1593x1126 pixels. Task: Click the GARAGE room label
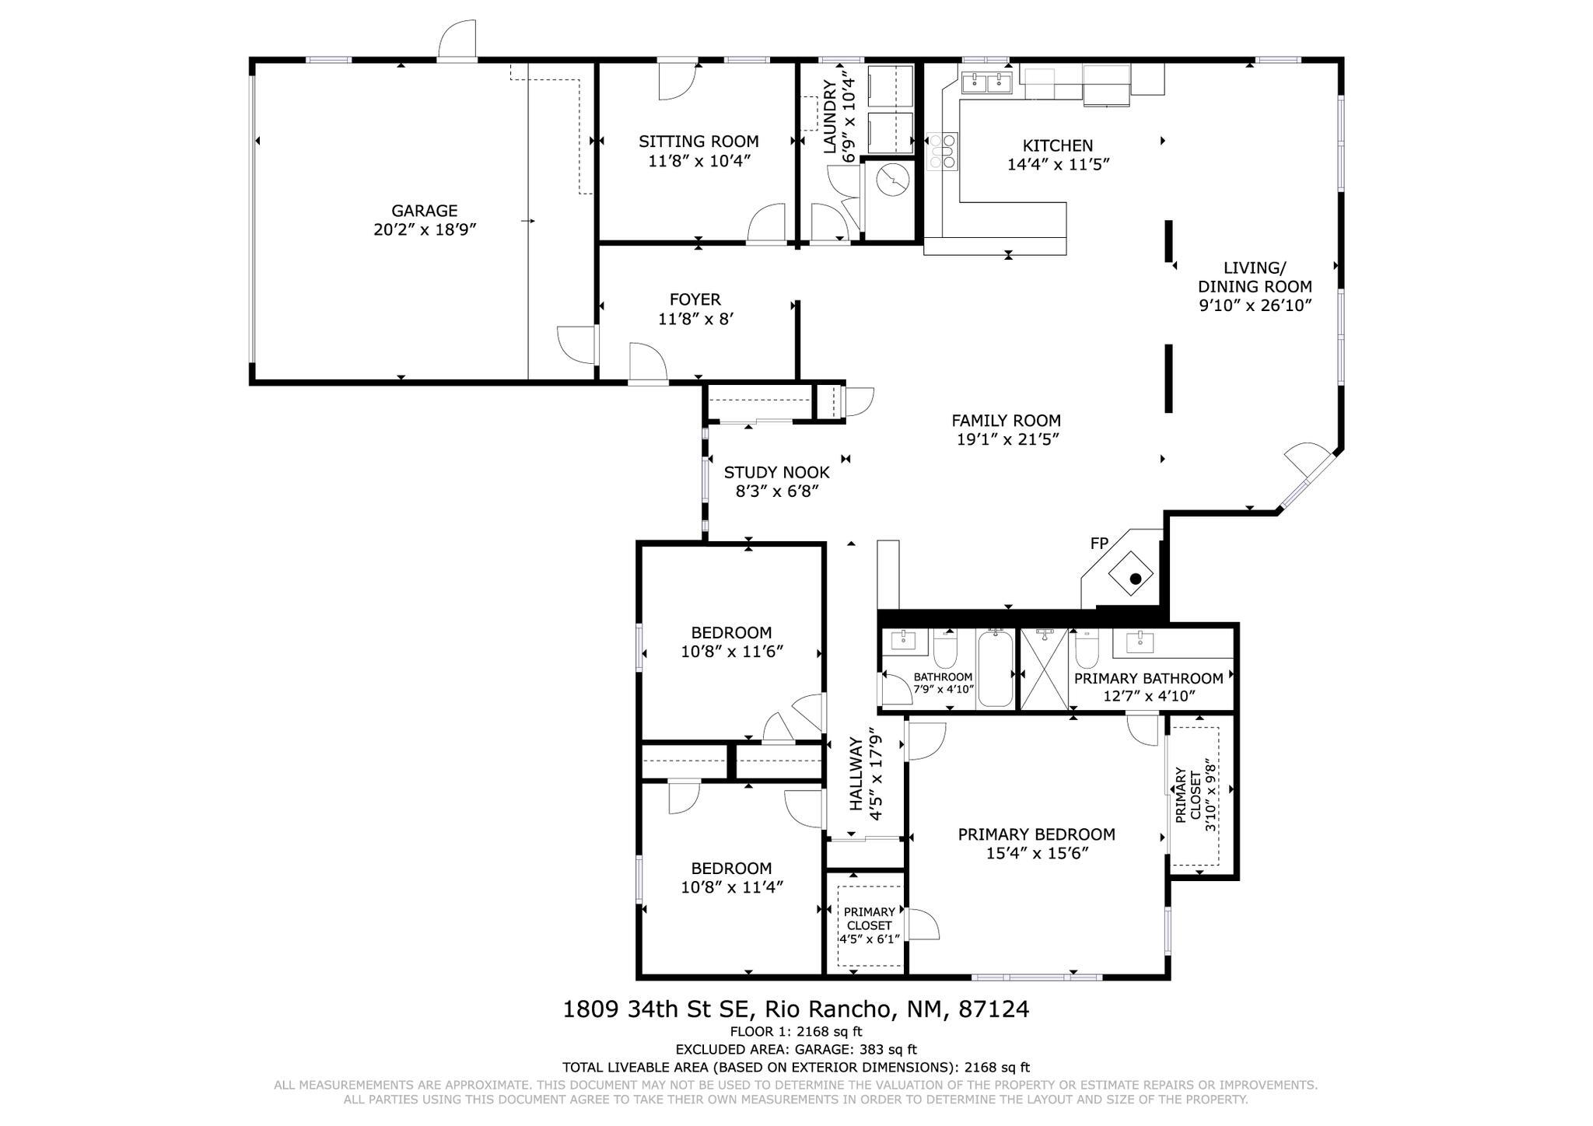[x=424, y=211]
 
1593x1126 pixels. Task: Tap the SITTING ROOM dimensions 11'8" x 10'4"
[x=698, y=161]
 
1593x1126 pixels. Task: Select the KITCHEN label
[x=1057, y=145]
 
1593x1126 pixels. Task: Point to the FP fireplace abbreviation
[x=1099, y=544]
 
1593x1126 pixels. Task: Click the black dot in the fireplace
[x=1136, y=579]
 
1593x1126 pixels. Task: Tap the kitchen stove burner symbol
[x=943, y=152]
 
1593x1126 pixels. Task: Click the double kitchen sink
[x=986, y=82]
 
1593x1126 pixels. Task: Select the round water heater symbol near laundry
[x=893, y=180]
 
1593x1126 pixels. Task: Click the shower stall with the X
[x=1044, y=670]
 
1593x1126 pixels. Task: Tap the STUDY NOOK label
[x=776, y=472]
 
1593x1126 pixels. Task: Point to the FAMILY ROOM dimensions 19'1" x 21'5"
[x=1008, y=439]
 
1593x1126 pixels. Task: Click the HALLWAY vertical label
[x=856, y=775]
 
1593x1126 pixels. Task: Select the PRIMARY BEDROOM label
[x=1036, y=834]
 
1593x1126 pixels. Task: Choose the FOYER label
[x=695, y=299]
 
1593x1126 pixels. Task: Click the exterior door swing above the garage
[x=457, y=39]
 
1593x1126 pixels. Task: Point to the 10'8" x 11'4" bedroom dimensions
[x=731, y=887]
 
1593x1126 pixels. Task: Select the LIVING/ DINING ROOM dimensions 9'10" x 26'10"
[x=1255, y=306]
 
